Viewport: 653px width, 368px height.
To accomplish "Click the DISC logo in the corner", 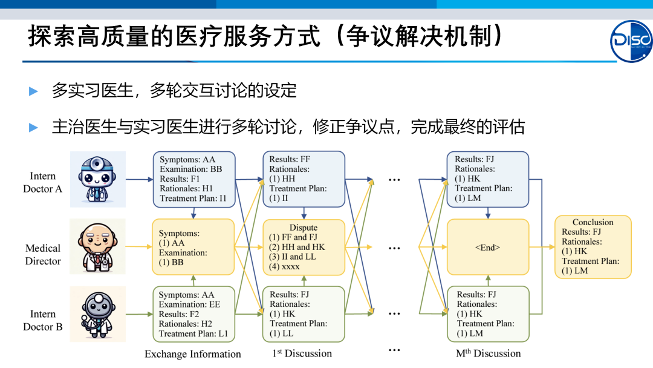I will (631, 41).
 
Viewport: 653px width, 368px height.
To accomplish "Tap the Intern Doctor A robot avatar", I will (97, 180).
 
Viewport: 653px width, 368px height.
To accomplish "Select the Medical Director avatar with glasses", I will (97, 248).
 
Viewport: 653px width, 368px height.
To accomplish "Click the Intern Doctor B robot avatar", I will (97, 314).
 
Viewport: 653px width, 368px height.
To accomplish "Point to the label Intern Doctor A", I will (43, 182).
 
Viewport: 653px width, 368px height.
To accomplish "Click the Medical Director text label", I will (43, 254).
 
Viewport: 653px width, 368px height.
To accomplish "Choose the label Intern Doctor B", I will (43, 320).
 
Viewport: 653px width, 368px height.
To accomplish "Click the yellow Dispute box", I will (304, 247).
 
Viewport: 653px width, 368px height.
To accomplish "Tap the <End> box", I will (487, 247).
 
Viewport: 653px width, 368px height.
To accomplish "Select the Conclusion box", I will (593, 246).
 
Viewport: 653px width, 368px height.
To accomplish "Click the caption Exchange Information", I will (192, 354).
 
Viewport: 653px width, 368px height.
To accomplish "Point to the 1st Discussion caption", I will (302, 353).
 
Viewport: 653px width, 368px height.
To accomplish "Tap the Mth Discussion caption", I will (488, 353).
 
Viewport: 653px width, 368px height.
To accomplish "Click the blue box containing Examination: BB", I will (193, 179).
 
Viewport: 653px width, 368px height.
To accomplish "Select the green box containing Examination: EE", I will (193, 314).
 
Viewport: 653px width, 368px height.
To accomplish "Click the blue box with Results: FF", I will (304, 179).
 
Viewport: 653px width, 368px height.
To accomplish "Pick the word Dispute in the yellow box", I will (304, 228).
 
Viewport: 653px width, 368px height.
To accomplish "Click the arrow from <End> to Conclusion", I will (542, 247).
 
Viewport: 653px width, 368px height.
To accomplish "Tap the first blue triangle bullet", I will (34, 91).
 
